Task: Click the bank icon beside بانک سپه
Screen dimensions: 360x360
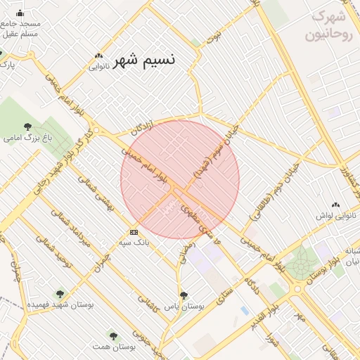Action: pyautogui.click(x=134, y=231)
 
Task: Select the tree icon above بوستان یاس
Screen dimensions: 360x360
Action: pyautogui.click(x=184, y=296)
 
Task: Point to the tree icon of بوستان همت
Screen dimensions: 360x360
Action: pyautogui.click(x=113, y=336)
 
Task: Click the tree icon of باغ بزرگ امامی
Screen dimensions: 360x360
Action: pyautogui.click(x=27, y=127)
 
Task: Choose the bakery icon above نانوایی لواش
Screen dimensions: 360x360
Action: pyautogui.click(x=335, y=205)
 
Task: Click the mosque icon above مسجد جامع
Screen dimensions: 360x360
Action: pyautogui.click(x=20, y=13)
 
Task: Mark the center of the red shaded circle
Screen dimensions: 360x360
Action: pyautogui.click(x=180, y=179)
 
